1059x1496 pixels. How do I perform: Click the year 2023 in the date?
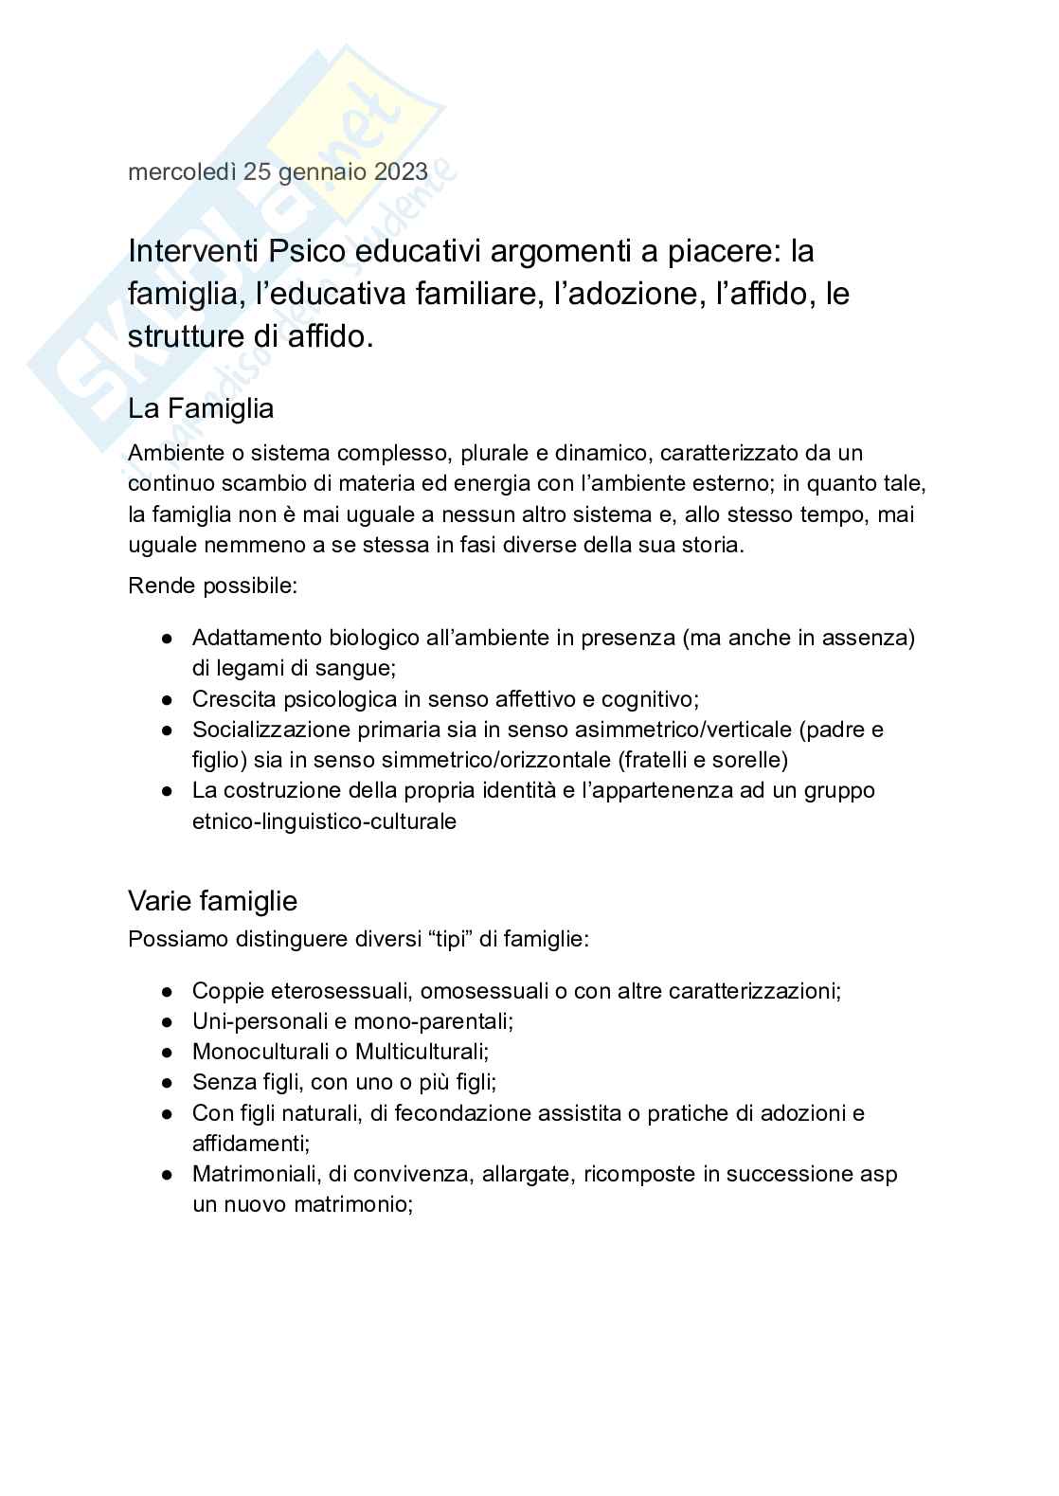pyautogui.click(x=402, y=172)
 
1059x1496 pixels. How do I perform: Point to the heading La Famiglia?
pyautogui.click(x=201, y=409)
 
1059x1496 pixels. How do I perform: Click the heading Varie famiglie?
pyautogui.click(x=212, y=900)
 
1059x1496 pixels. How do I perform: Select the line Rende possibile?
pyautogui.click(x=213, y=586)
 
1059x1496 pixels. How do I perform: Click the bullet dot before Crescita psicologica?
pyautogui.click(x=167, y=700)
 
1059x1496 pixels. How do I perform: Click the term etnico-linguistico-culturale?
pyautogui.click(x=324, y=821)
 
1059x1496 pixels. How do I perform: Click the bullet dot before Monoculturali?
pyautogui.click(x=167, y=1053)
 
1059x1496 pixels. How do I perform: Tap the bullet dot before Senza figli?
pyautogui.click(x=167, y=1083)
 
